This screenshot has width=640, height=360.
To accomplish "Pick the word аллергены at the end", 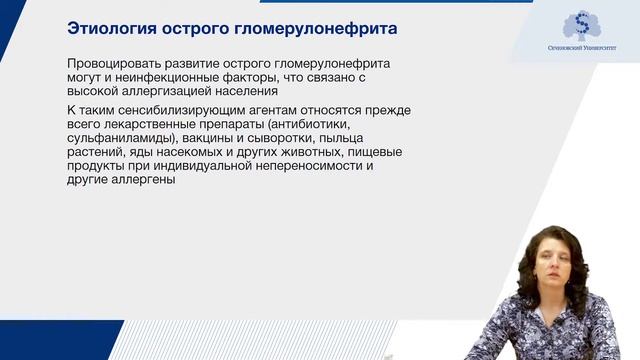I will coord(149,181).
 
